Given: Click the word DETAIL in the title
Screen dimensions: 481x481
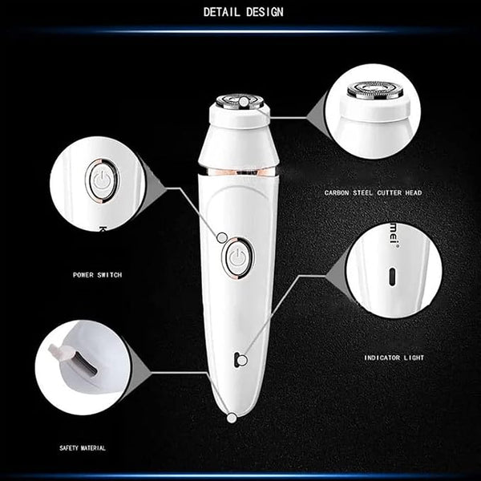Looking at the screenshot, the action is (221, 12).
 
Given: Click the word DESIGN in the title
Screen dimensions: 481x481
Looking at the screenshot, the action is (265, 12).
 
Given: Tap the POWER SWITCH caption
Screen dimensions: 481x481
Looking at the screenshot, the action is (98, 275).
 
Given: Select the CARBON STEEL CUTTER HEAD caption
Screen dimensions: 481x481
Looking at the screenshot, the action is (374, 192).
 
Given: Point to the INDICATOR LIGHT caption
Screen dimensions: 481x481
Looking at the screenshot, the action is (394, 358).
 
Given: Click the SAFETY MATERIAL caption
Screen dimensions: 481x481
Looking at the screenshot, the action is (83, 448).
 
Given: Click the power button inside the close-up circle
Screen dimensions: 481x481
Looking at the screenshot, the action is (103, 180).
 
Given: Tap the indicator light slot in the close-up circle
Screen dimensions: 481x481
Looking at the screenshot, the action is (392, 277).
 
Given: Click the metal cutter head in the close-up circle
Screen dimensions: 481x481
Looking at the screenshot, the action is (375, 90).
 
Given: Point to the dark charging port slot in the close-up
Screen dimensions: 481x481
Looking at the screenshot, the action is (85, 363).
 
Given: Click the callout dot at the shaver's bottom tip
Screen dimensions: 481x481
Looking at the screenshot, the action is (232, 418).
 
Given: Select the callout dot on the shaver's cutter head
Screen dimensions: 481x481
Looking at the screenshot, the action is (244, 102).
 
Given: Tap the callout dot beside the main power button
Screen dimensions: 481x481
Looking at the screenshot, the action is (222, 237).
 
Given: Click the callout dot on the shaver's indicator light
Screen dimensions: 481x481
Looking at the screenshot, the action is (242, 361).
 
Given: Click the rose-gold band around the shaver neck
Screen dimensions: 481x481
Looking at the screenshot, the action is (239, 172).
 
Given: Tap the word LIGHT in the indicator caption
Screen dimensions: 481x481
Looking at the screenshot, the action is (414, 358).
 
